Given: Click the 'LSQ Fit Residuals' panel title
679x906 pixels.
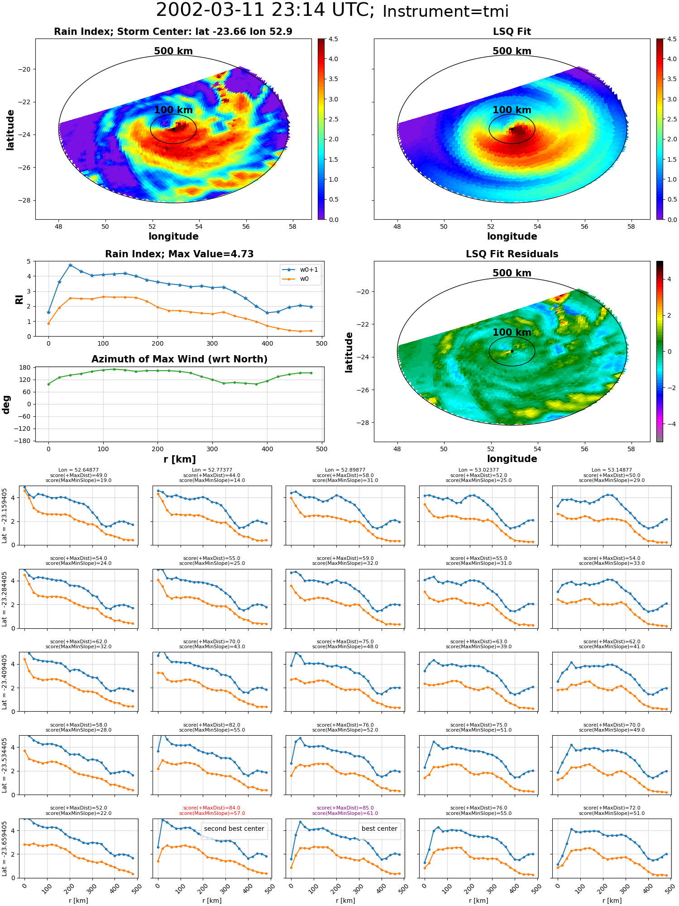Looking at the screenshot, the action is pyautogui.click(x=512, y=254).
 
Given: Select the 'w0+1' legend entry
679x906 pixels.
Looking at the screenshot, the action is pyautogui.click(x=301, y=270).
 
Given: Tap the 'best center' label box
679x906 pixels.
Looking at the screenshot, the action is pyautogui.click(x=379, y=829).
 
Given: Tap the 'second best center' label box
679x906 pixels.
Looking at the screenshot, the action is pyautogui.click(x=234, y=829).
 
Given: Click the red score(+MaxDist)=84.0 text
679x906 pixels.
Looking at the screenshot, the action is pyautogui.click(x=212, y=808).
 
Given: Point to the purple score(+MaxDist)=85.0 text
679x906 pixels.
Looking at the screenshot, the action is pyautogui.click(x=345, y=808).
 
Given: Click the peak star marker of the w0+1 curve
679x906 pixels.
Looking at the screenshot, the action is pyautogui.click(x=70, y=265).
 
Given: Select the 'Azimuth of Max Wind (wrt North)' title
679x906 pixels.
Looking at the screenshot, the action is pyautogui.click(x=179, y=359).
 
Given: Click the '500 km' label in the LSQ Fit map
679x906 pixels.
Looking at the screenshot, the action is pyautogui.click(x=512, y=51).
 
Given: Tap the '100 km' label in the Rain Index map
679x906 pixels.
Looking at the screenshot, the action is pyautogui.click(x=173, y=110).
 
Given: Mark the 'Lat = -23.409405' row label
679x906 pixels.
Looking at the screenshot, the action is pyautogui.click(x=5, y=682).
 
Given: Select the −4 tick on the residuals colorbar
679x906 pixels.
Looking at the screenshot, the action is pyautogui.click(x=669, y=424).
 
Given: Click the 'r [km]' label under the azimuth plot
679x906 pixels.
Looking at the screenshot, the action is pyautogui.click(x=179, y=459).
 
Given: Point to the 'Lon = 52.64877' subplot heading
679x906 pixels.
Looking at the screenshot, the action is pyautogui.click(x=78, y=470).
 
